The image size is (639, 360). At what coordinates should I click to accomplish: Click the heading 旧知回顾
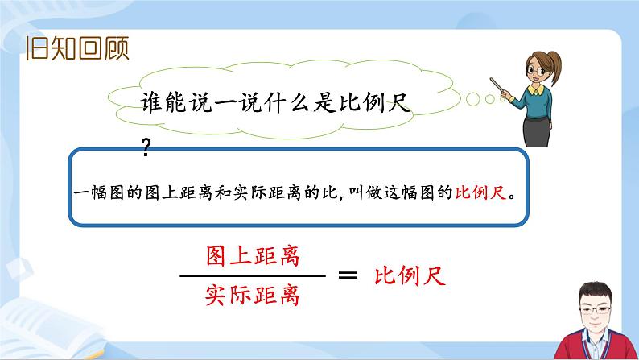point(77,49)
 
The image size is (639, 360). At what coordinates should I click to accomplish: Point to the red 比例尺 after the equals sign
point(410,276)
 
